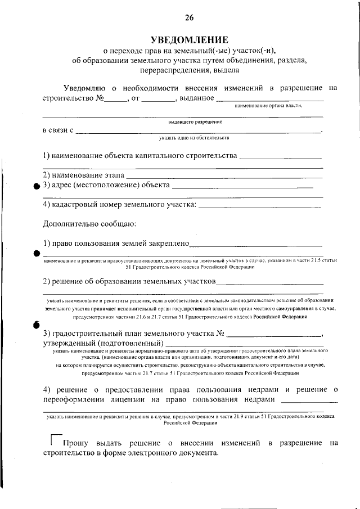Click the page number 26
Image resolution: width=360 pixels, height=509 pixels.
[x=189, y=18]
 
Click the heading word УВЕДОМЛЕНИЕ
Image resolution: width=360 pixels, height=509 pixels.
[x=189, y=39]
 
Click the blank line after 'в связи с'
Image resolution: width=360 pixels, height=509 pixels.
[x=197, y=132]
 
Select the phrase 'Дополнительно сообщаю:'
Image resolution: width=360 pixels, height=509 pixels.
[x=89, y=224]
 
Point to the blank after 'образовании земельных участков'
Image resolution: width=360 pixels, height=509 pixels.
[x=269, y=282]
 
